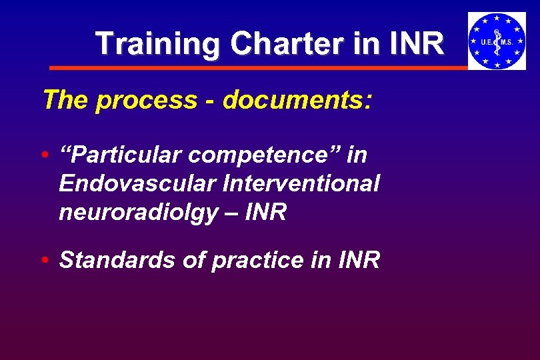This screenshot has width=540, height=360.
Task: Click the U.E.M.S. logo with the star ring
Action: tap(497, 41)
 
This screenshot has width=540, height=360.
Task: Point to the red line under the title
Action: tap(260, 67)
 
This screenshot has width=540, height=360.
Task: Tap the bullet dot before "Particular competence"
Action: tap(44, 156)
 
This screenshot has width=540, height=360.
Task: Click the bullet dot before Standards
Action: tap(44, 261)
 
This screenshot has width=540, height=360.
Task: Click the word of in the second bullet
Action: tap(193, 260)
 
